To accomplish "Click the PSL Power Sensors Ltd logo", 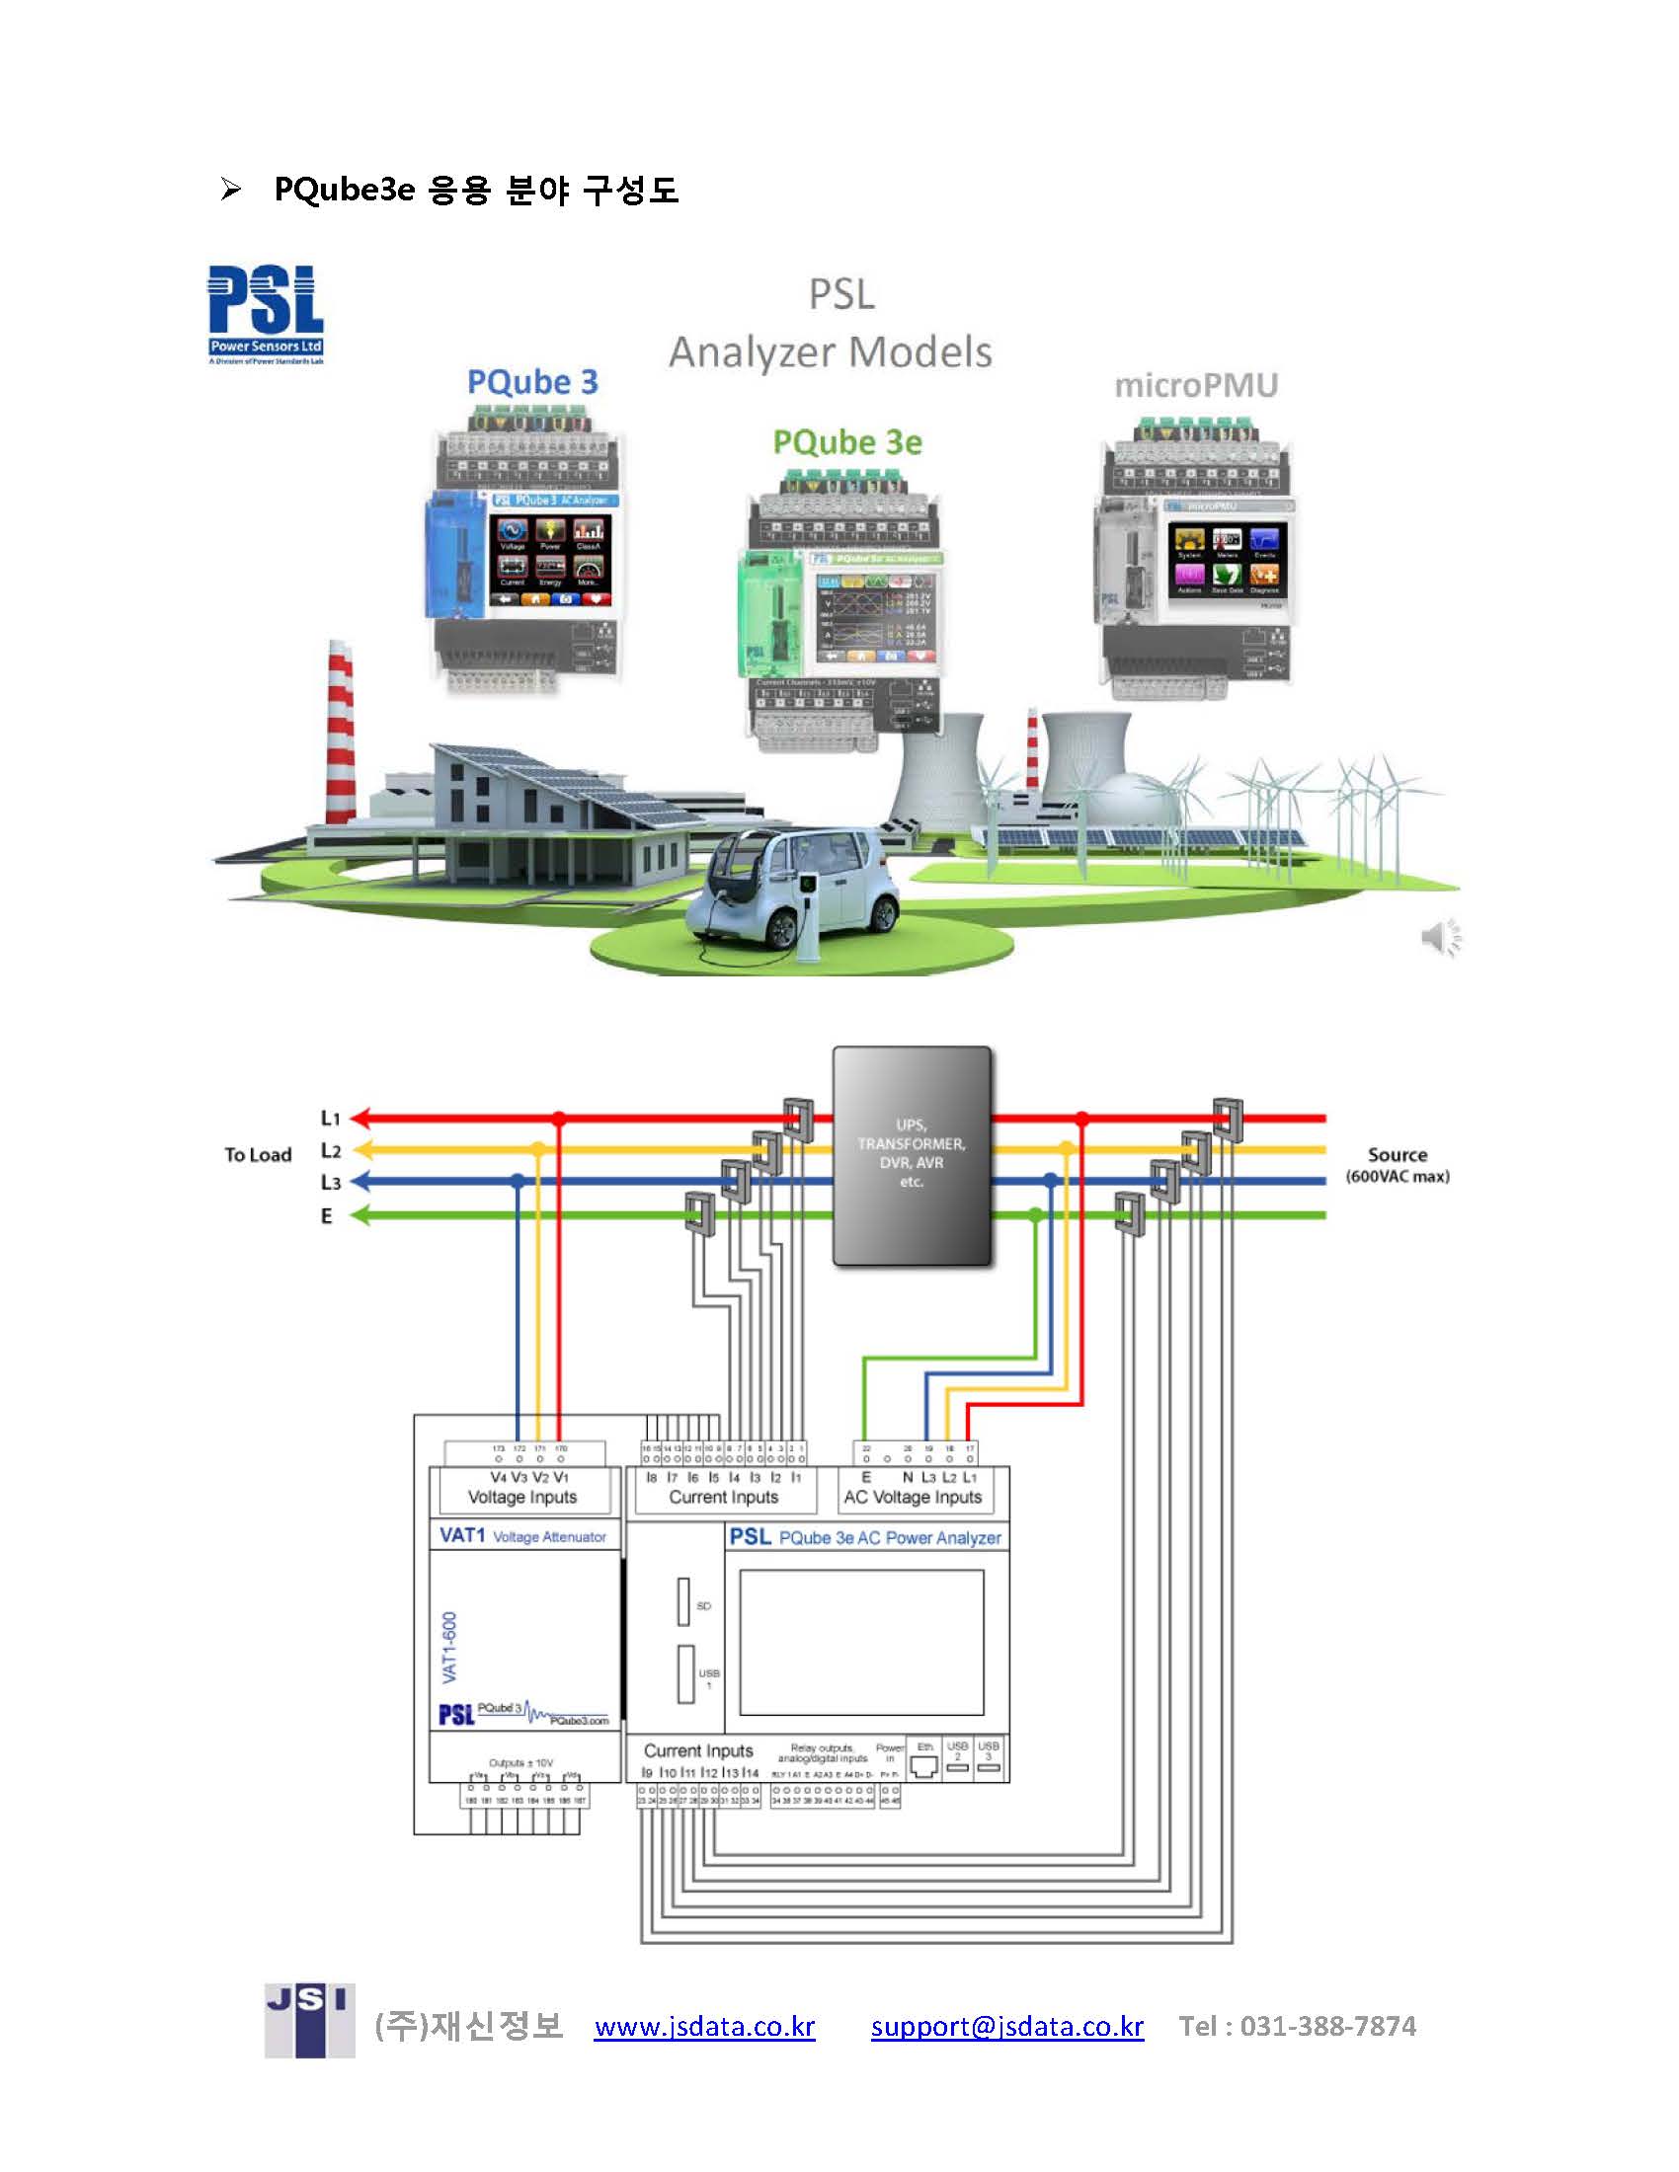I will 266,313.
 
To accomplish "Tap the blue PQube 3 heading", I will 532,382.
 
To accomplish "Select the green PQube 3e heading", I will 847,442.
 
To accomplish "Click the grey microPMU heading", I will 1196,385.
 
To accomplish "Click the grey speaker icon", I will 1441,937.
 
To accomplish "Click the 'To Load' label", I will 258,1155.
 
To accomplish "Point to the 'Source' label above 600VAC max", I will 1397,1155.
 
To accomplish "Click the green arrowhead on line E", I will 360,1215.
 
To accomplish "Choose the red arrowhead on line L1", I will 360,1119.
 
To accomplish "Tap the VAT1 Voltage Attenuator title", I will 522,1536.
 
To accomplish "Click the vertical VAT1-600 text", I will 450,1647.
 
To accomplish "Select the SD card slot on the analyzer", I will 683,1601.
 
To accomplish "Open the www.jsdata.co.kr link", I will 704,2026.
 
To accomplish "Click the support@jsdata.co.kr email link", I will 1006,2026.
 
